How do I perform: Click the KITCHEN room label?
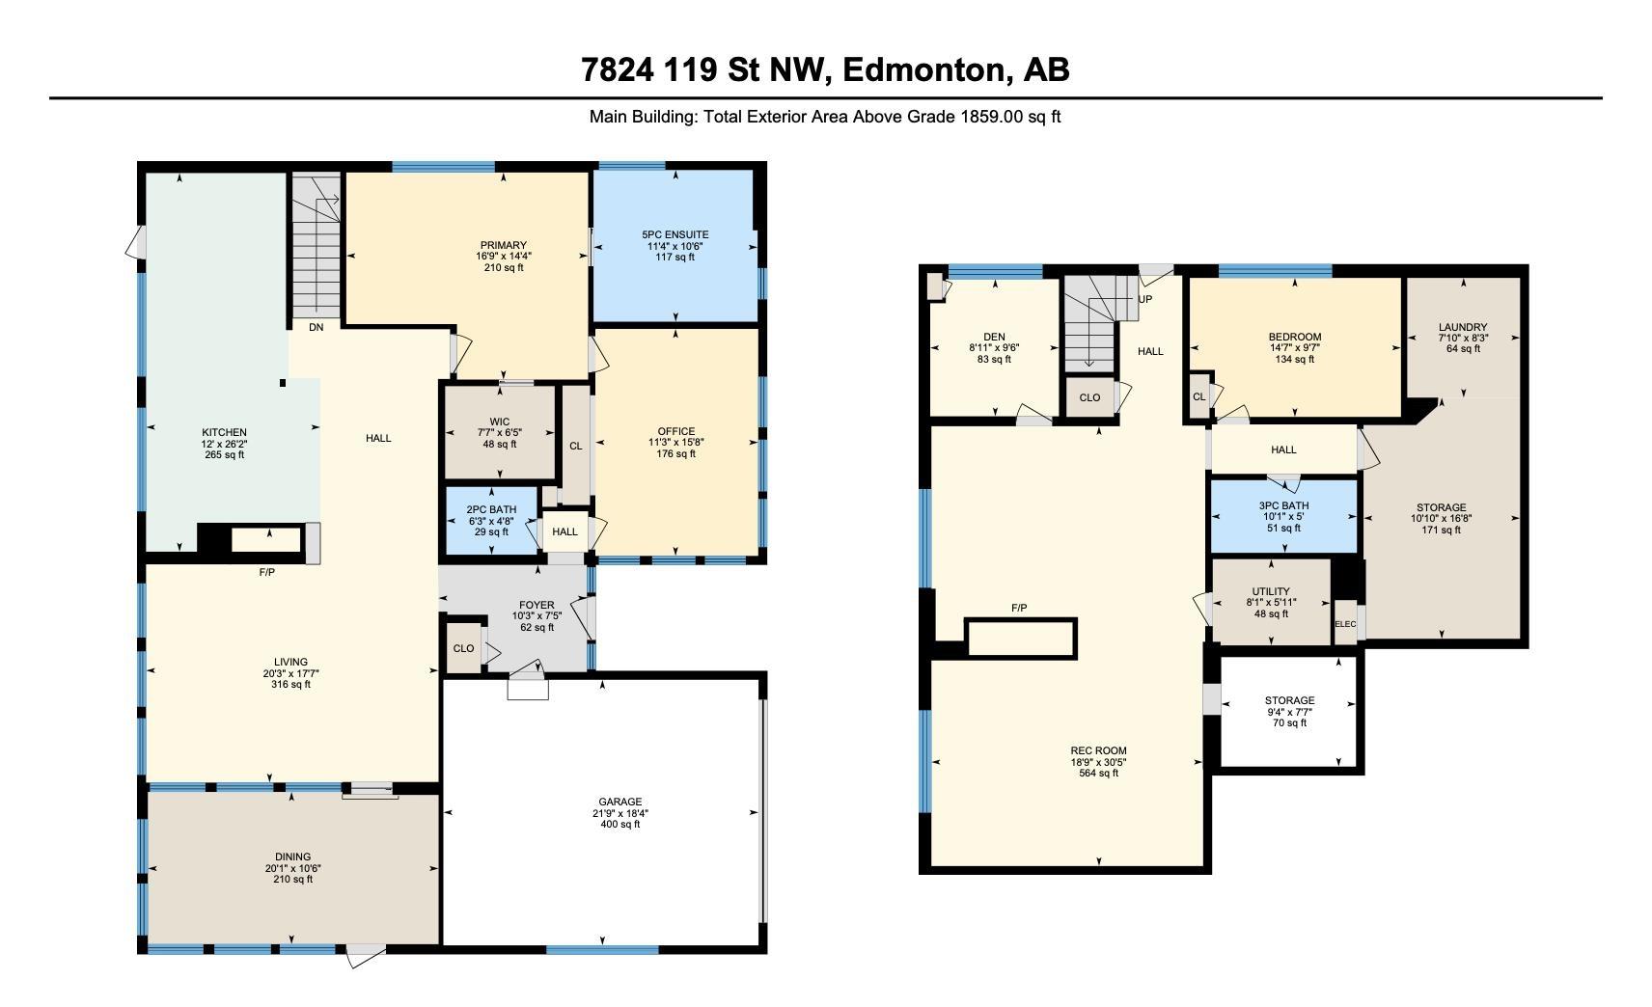[224, 433]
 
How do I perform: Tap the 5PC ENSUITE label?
[675, 234]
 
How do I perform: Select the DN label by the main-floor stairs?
[316, 327]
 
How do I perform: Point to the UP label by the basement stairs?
[1144, 299]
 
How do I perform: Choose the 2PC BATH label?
[491, 509]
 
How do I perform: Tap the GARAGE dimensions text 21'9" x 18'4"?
[620, 813]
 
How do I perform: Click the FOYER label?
[537, 605]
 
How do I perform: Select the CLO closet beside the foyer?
[463, 649]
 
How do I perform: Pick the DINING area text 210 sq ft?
[292, 880]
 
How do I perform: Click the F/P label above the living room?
[267, 572]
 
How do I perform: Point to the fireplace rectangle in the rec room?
[1021, 639]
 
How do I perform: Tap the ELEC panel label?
[1345, 624]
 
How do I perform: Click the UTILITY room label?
[1271, 591]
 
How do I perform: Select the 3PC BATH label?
[1284, 505]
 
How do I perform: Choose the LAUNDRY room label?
[1463, 327]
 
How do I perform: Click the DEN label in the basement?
[994, 337]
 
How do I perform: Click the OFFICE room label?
[676, 431]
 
